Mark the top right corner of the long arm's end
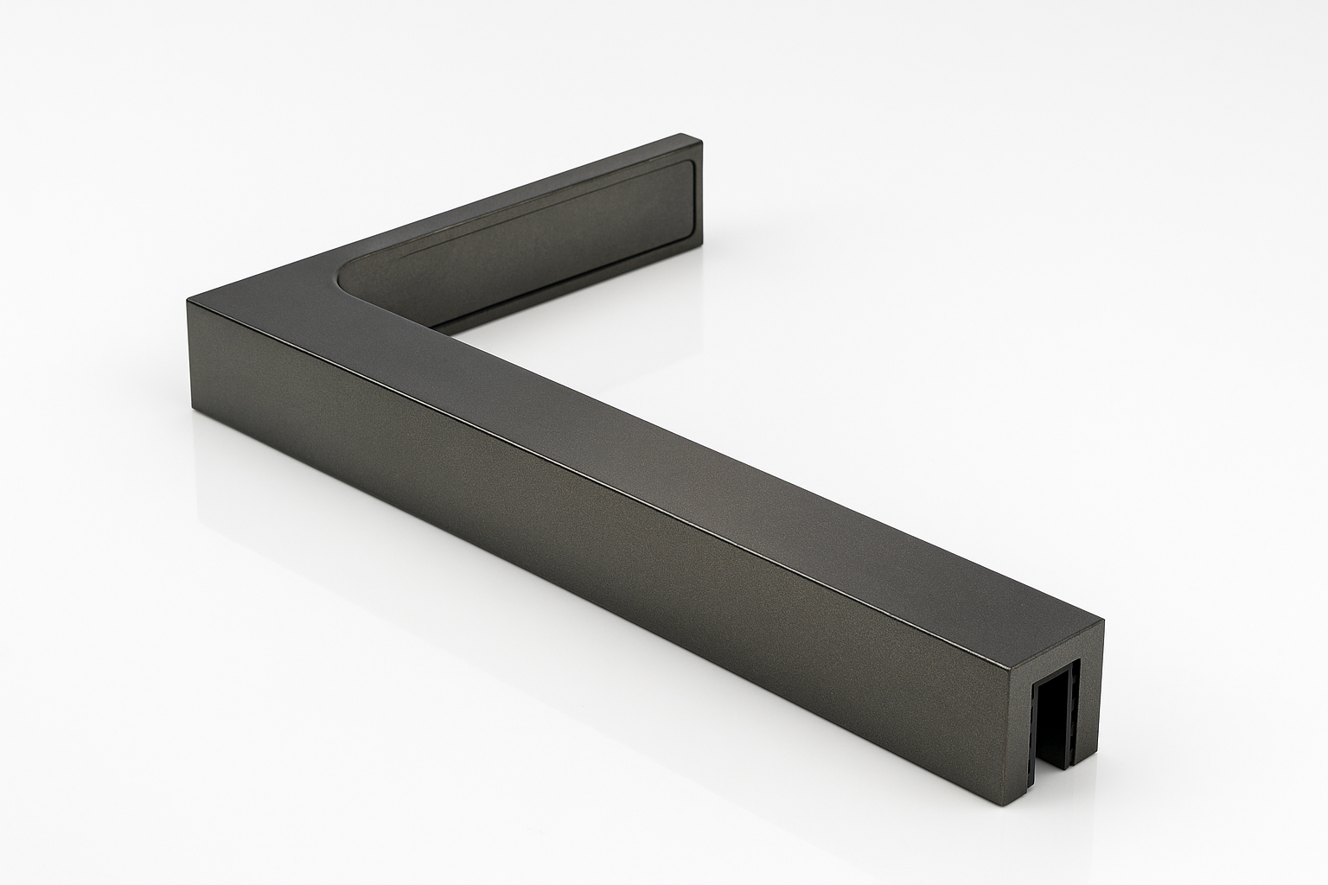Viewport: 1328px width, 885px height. (1103, 620)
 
